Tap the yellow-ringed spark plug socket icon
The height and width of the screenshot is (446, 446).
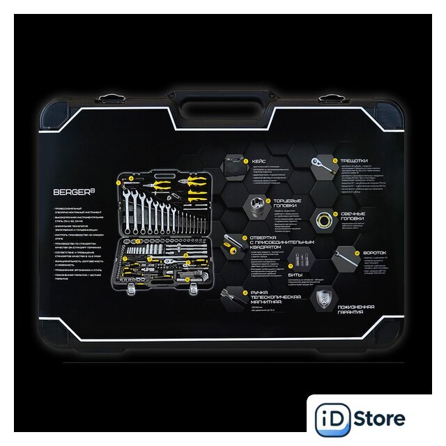click(x=322, y=219)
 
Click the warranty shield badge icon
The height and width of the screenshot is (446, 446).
click(x=322, y=300)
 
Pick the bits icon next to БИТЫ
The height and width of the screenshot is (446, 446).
click(x=301, y=259)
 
